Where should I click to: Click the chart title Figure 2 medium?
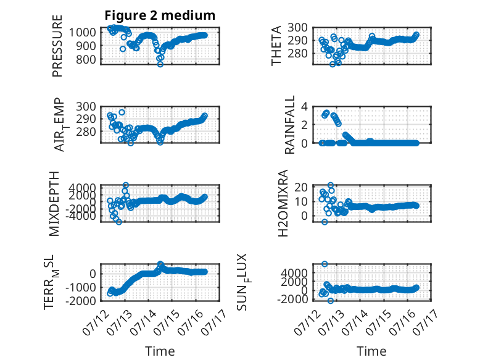(160, 15)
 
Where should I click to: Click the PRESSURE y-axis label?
(57, 46)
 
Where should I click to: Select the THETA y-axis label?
(276, 46)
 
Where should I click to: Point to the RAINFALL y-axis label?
(289, 125)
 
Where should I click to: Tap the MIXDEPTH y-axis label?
(54, 204)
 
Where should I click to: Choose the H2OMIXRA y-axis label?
(283, 203)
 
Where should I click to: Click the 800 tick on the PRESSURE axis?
(86, 59)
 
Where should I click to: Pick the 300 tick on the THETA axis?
(298, 28)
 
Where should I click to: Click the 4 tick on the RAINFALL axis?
(304, 107)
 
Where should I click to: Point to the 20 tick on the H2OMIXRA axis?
(301, 187)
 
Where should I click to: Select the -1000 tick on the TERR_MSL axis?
(81, 287)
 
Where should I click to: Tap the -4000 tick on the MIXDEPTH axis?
(81, 216)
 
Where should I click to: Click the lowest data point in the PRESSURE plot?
(160, 64)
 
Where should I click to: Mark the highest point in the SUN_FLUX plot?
(325, 264)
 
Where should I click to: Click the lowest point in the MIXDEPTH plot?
(119, 222)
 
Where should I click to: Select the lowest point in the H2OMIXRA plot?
(325, 222)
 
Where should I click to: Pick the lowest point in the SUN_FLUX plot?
(330, 301)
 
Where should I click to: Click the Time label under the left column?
(160, 351)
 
